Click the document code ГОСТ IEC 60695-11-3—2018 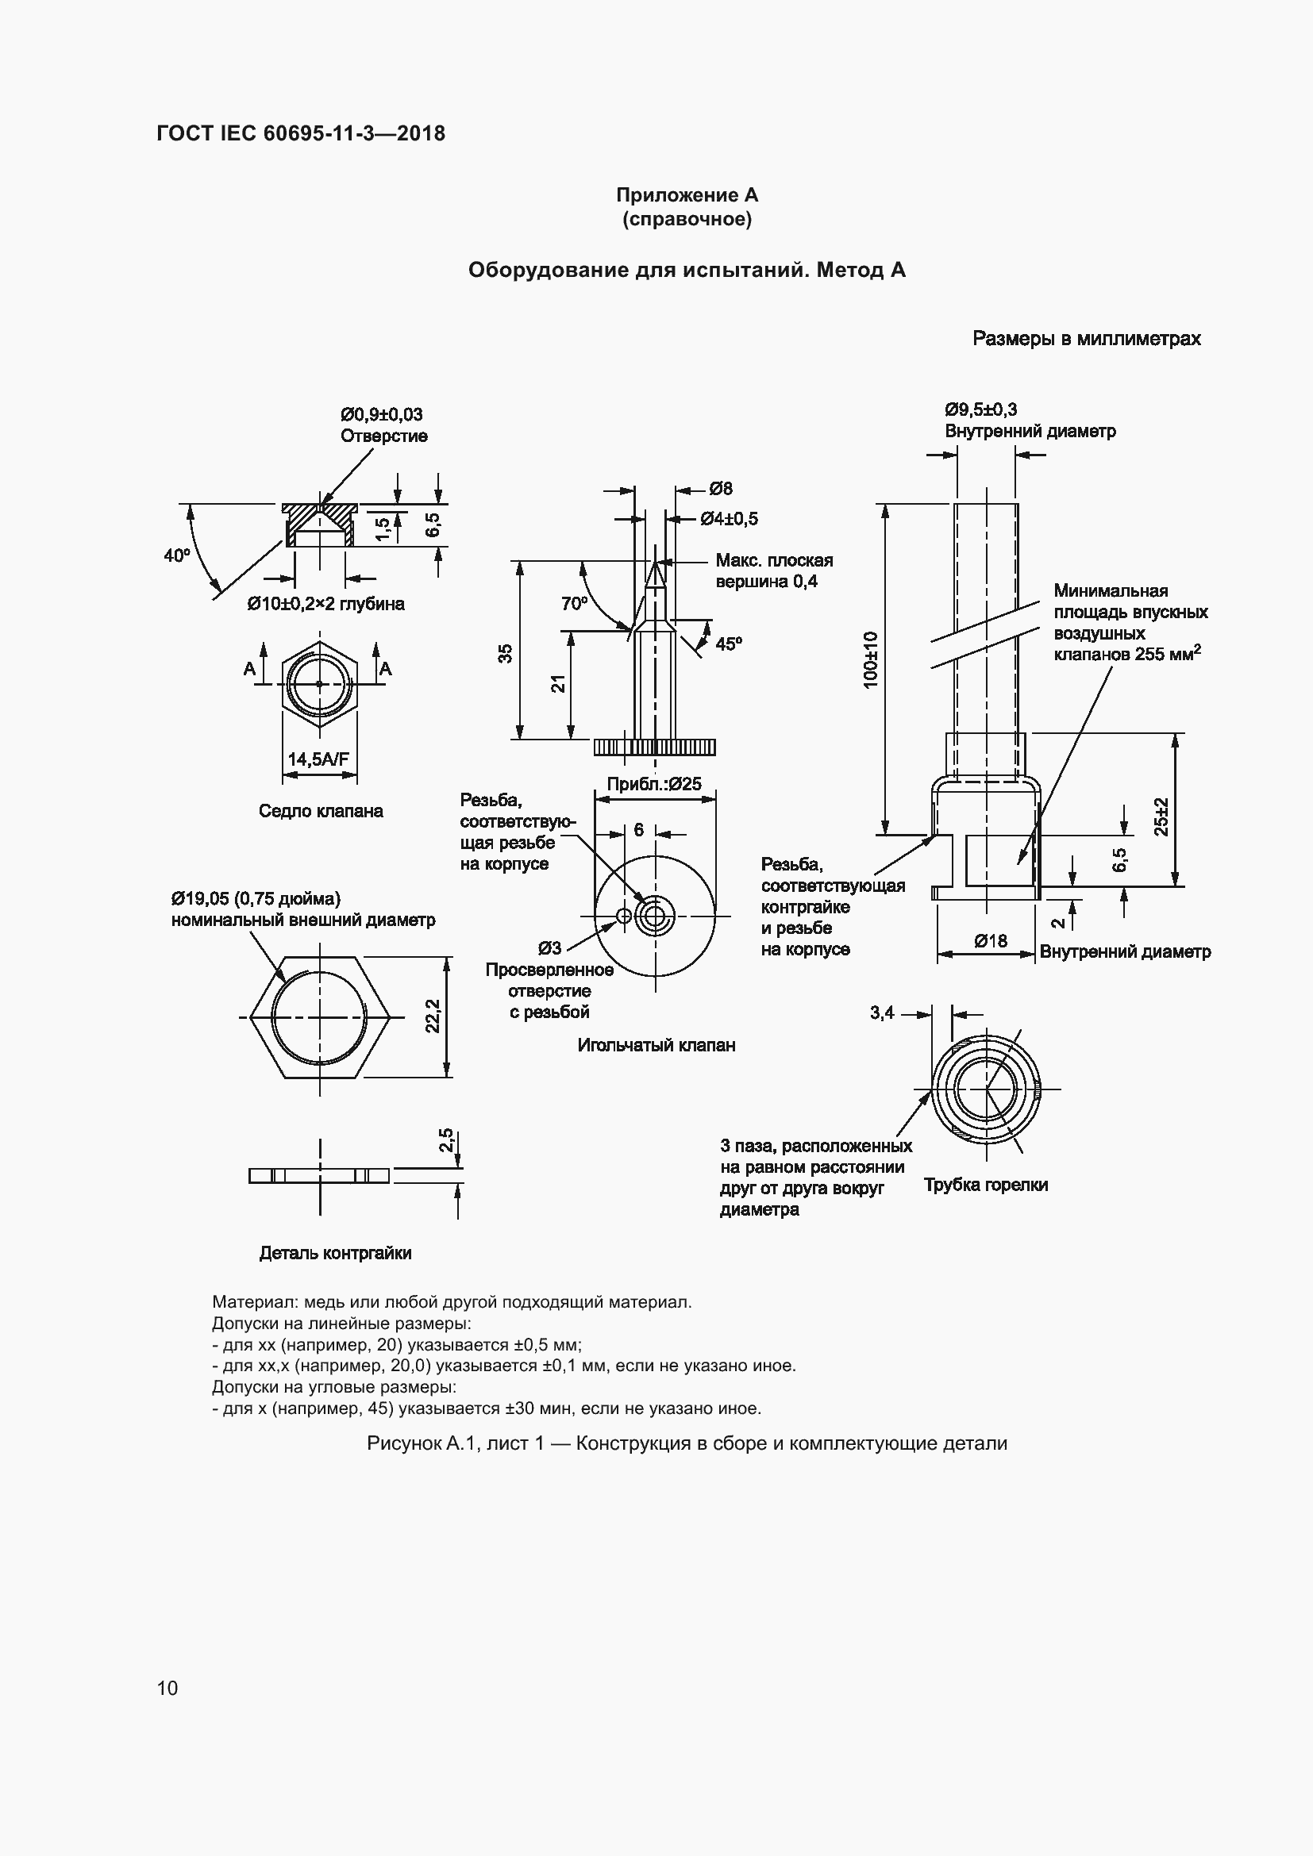tap(301, 133)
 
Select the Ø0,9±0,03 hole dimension tap(381, 415)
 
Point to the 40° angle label tap(177, 555)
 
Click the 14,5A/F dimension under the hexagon tap(318, 759)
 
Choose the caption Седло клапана tap(321, 811)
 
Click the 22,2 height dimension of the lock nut tap(433, 1016)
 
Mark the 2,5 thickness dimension tap(446, 1140)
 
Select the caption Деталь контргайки tap(335, 1253)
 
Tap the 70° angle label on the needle tap(574, 603)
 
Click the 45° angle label tap(729, 644)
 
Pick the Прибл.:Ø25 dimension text tap(654, 783)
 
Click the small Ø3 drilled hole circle tap(623, 915)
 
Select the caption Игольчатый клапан tap(656, 1045)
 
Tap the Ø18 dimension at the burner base tap(991, 941)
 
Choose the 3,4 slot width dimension tap(882, 1012)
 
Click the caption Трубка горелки tap(986, 1184)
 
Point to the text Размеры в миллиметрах tap(1086, 339)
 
